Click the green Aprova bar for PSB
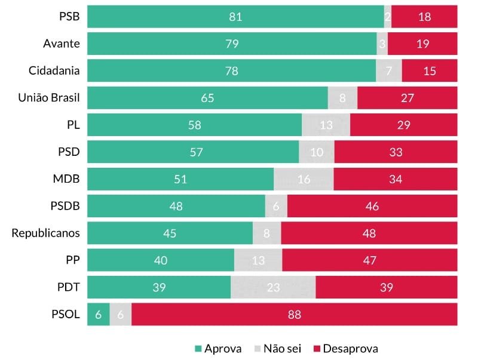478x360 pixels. (x=235, y=17)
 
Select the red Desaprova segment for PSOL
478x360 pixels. (x=294, y=315)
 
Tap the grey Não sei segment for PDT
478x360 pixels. (x=273, y=287)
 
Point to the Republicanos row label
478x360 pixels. (x=46, y=233)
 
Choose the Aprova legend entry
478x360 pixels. (x=218, y=349)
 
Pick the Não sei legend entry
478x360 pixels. (x=278, y=349)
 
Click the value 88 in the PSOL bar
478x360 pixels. (x=294, y=315)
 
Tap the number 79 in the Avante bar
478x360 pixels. (x=231, y=44)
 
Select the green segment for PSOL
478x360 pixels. (x=99, y=315)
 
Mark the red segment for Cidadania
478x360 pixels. (x=430, y=71)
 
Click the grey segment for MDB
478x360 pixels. (x=304, y=179)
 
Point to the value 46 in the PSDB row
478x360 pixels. (x=372, y=206)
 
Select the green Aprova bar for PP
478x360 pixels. (x=161, y=260)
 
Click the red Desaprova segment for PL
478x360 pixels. (x=404, y=125)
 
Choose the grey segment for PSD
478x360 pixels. (x=317, y=152)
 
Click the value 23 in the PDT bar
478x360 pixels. (x=273, y=287)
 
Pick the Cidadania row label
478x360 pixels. (x=54, y=71)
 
